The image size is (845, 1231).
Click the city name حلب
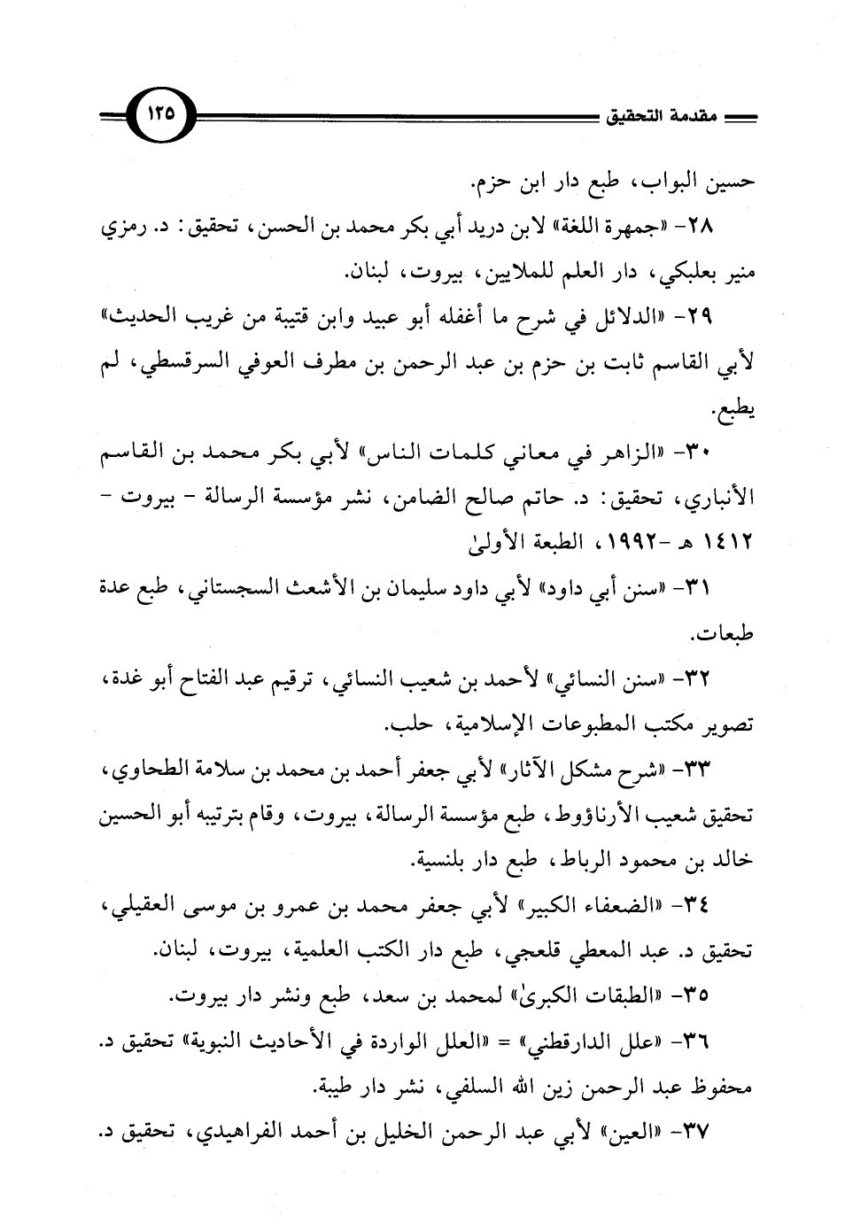(x=404, y=727)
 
